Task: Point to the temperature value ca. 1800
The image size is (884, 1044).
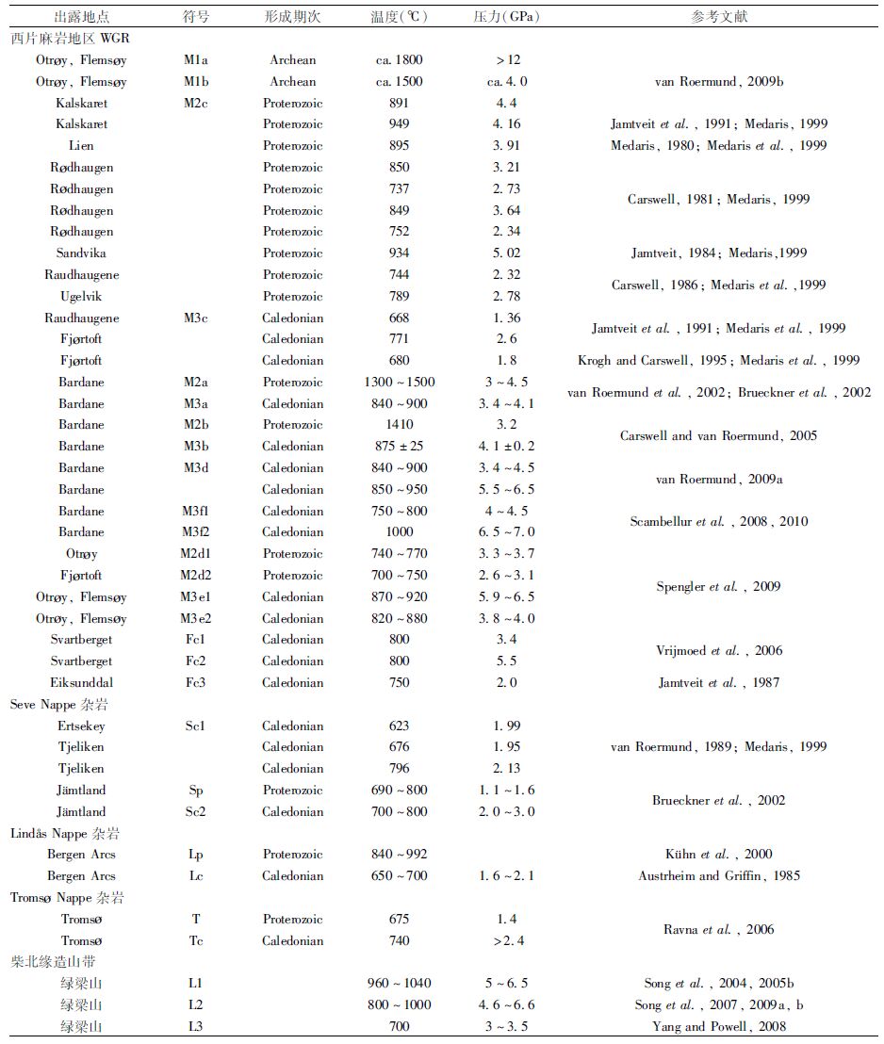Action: click(399, 60)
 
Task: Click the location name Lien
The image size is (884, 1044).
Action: click(81, 146)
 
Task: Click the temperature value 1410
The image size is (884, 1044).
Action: click(399, 425)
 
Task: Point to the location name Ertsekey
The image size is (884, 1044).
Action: click(81, 726)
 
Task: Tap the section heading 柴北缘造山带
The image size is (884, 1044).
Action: click(53, 962)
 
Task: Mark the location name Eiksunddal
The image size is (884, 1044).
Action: click(81, 682)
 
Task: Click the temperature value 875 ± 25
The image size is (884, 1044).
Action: click(399, 447)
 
